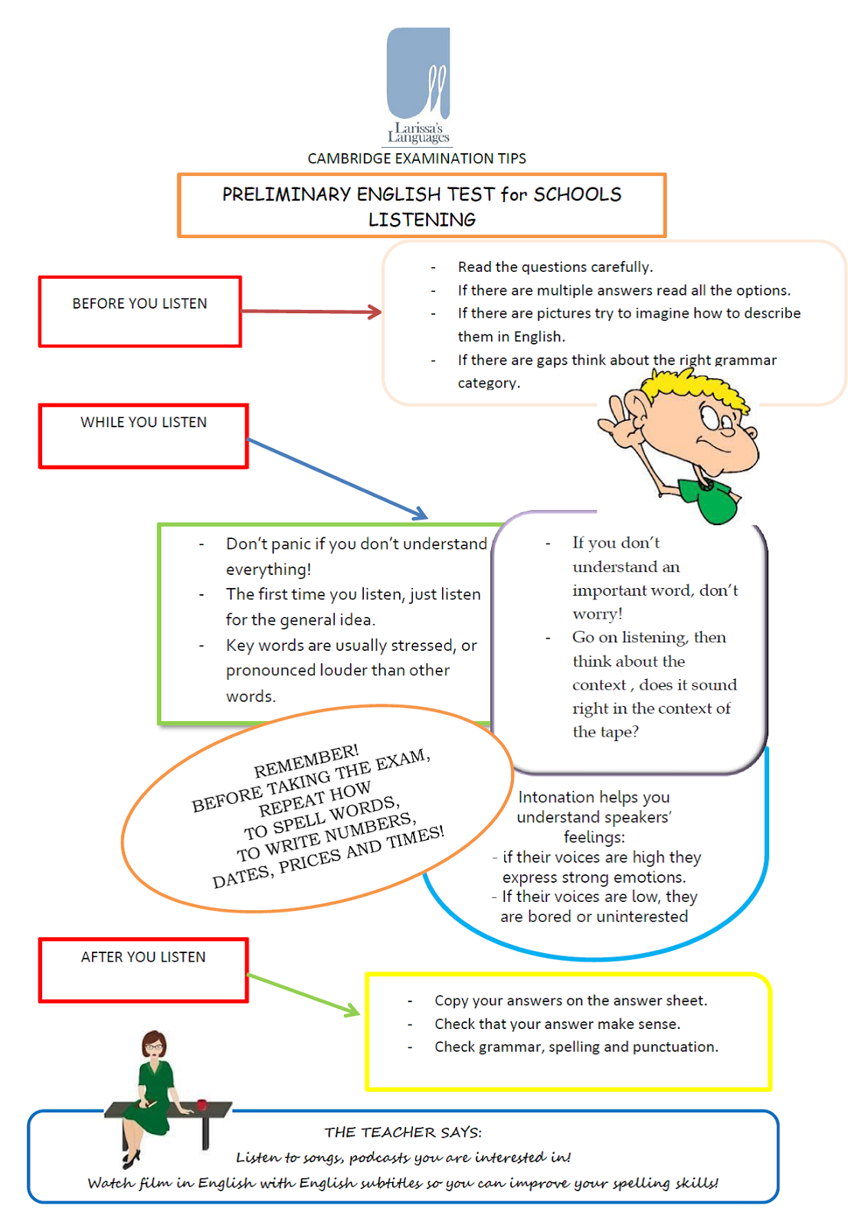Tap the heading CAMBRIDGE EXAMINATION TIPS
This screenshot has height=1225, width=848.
[x=417, y=158]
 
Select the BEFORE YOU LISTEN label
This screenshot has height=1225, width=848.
[x=139, y=304]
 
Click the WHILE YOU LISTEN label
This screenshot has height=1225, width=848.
[x=143, y=423]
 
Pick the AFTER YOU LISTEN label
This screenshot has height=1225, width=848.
[x=143, y=957]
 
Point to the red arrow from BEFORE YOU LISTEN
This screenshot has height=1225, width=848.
[x=310, y=312]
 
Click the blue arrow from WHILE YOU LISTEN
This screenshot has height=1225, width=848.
[x=337, y=479]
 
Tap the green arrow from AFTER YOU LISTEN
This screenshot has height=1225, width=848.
[x=303, y=995]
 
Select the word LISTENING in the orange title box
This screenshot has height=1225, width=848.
[x=421, y=220]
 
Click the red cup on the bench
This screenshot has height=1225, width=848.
[x=201, y=1104]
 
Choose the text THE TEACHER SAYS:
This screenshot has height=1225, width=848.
[x=403, y=1132]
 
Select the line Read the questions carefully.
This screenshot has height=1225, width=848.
[x=555, y=267]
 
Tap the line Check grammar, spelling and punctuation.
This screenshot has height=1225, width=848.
[x=576, y=1047]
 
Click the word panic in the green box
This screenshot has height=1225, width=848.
[x=291, y=544]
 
